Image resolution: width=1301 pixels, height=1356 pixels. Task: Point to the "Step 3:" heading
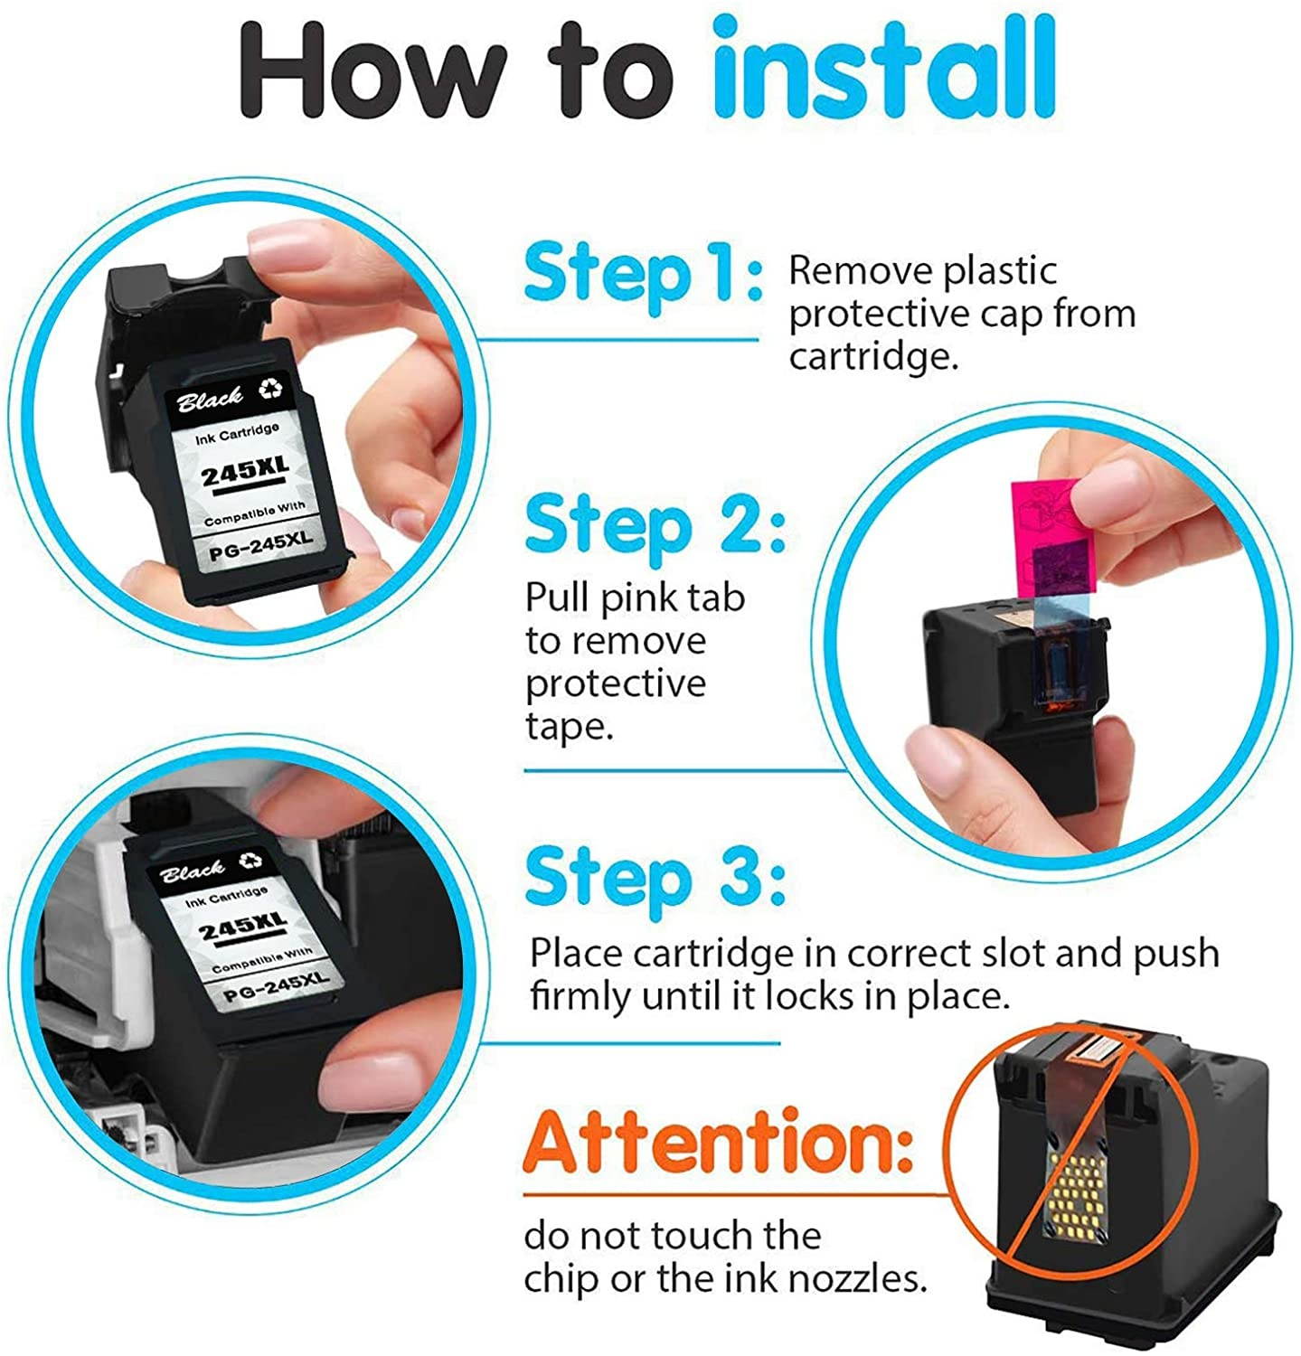coord(655,875)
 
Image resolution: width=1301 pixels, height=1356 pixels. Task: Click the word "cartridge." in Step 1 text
coord(872,357)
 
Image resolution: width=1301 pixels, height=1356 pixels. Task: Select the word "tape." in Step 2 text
coord(570,728)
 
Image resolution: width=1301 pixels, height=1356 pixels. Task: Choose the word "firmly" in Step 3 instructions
coord(582,996)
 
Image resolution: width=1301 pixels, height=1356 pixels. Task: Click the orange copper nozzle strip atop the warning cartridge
coord(1093,1051)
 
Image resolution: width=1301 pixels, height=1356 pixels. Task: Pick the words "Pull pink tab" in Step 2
coord(636,598)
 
